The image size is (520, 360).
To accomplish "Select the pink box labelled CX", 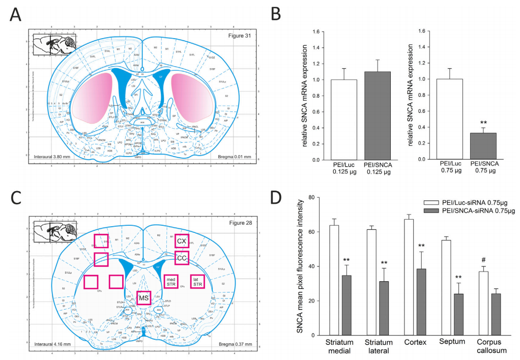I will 182,241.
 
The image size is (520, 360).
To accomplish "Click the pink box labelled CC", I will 182,258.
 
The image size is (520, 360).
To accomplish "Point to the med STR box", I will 171,281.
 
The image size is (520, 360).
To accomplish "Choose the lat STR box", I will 196,281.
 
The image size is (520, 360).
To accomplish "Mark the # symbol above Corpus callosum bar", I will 483,260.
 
